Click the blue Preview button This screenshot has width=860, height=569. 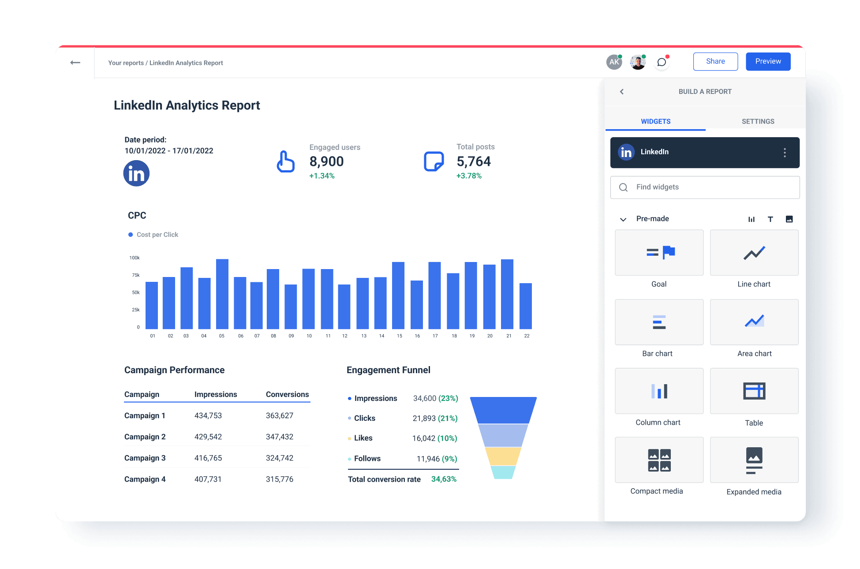click(768, 61)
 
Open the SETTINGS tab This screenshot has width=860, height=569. click(758, 121)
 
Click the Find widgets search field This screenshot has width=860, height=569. click(705, 187)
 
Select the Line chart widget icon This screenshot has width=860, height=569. click(754, 253)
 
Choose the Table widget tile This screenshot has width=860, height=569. click(754, 391)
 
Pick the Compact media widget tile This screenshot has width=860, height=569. click(659, 460)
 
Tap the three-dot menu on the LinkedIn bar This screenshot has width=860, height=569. click(785, 153)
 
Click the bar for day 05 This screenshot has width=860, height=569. click(222, 294)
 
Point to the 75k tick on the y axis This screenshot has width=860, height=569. click(136, 275)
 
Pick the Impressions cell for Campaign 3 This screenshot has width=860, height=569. click(208, 458)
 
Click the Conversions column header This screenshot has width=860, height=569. click(287, 394)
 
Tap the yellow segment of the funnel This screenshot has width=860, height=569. click(503, 456)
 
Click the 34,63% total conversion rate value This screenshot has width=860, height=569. click(444, 479)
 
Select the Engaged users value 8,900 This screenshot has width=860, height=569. click(326, 161)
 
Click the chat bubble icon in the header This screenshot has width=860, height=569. click(662, 62)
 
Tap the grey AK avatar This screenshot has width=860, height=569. click(614, 62)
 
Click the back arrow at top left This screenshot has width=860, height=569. click(75, 63)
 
